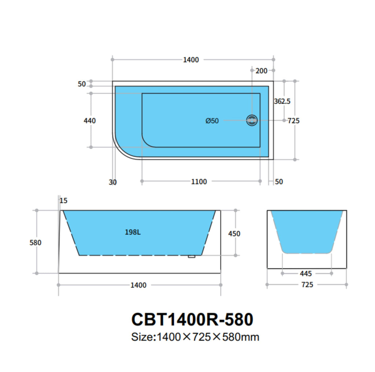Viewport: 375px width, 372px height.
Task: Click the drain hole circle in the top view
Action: point(252,120)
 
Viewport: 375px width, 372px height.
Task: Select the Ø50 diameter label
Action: point(212,121)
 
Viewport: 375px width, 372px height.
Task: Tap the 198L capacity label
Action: point(133,232)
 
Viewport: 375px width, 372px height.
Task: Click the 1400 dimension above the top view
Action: point(191,60)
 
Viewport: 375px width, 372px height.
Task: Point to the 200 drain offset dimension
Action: point(261,71)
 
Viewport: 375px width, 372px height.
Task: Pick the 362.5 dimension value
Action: point(282,101)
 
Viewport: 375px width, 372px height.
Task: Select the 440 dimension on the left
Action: point(90,121)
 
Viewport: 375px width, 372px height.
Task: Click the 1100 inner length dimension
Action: point(199,182)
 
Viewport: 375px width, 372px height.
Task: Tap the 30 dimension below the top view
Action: point(113,182)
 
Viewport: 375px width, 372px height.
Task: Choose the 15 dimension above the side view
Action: point(63,201)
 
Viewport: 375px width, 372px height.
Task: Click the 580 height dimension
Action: point(35,243)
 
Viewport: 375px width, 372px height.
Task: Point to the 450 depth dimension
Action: point(234,234)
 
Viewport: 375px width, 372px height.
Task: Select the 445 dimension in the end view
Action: point(306,274)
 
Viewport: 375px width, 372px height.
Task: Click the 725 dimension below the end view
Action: point(307,285)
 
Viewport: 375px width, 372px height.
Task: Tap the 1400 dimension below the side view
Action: point(138,285)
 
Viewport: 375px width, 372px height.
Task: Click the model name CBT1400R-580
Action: point(192,319)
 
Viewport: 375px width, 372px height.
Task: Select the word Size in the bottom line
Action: point(142,337)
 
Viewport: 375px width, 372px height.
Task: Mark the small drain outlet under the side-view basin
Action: point(192,256)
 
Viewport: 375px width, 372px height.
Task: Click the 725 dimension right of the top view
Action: point(293,121)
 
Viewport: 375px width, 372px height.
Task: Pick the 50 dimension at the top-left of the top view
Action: point(82,84)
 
